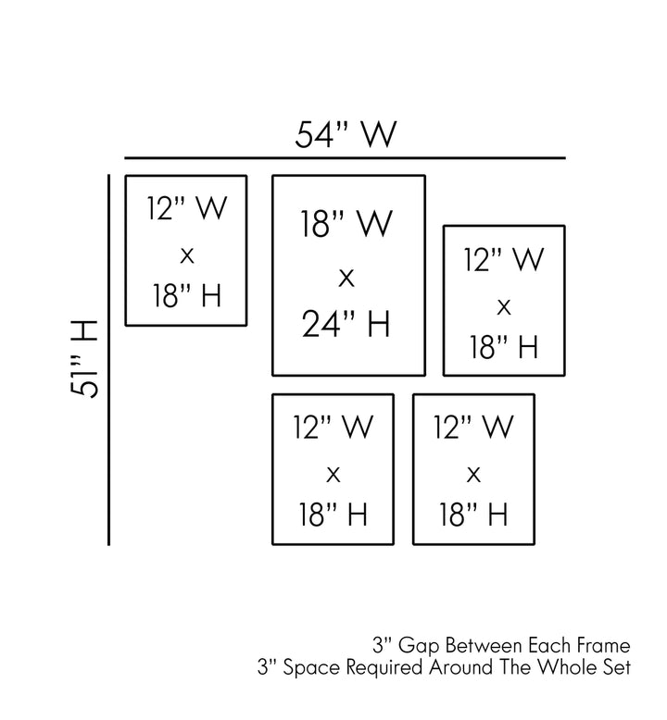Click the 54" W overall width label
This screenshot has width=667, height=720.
coord(346,134)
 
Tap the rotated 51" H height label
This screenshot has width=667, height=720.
coord(84,359)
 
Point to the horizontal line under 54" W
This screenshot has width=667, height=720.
coord(345,158)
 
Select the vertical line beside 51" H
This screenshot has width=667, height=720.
coord(109,360)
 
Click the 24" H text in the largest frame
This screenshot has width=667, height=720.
coord(346,324)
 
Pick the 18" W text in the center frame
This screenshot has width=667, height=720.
coord(346,224)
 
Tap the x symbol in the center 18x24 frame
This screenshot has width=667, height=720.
coord(346,278)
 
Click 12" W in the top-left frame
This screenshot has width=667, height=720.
coord(186,208)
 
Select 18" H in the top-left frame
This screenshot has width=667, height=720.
coord(186,295)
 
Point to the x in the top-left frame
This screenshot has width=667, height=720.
coord(187,255)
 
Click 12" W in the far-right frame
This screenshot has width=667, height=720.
coord(503,259)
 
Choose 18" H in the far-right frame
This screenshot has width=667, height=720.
coord(503,346)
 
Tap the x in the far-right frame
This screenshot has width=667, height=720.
coord(504,307)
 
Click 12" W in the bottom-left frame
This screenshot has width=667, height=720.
coord(333,427)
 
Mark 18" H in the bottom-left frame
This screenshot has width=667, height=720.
coord(333,514)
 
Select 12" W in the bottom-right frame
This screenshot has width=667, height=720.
coord(473,427)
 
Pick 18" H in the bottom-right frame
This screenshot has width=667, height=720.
coord(473,514)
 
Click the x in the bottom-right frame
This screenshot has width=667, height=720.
coord(473,475)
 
